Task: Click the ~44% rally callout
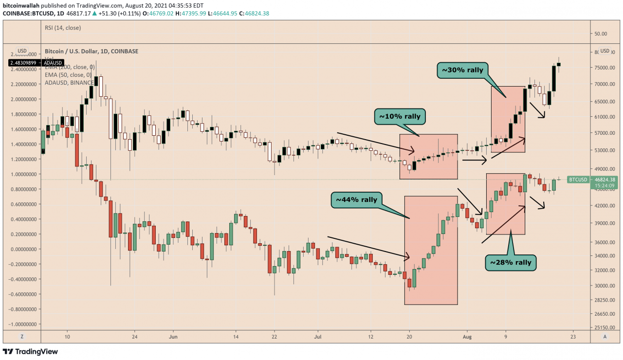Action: pyautogui.click(x=356, y=199)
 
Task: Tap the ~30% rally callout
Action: pyautogui.click(x=462, y=70)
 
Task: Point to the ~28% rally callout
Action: pyautogui.click(x=511, y=263)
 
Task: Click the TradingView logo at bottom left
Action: pyautogui.click(x=30, y=351)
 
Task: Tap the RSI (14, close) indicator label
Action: pyautogui.click(x=63, y=28)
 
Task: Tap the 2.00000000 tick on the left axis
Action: pyautogui.click(x=22, y=99)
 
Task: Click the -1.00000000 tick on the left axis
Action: pyautogui.click(x=21, y=324)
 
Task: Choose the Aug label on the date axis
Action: pyautogui.click(x=467, y=336)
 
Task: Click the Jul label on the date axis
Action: pyautogui.click(x=318, y=336)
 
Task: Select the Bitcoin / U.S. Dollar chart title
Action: pyautogui.click(x=92, y=51)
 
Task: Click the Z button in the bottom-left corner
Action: pyautogui.click(x=22, y=337)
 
